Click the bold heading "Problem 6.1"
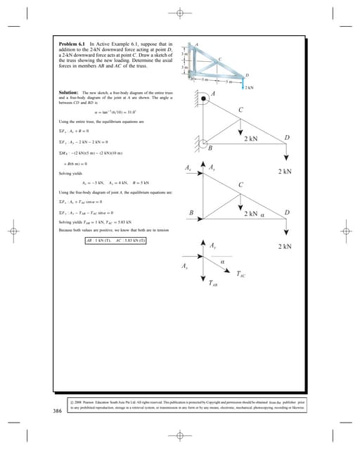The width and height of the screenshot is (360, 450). pyautogui.click(x=73, y=44)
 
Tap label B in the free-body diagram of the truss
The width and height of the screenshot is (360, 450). pyautogui.click(x=191, y=212)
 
